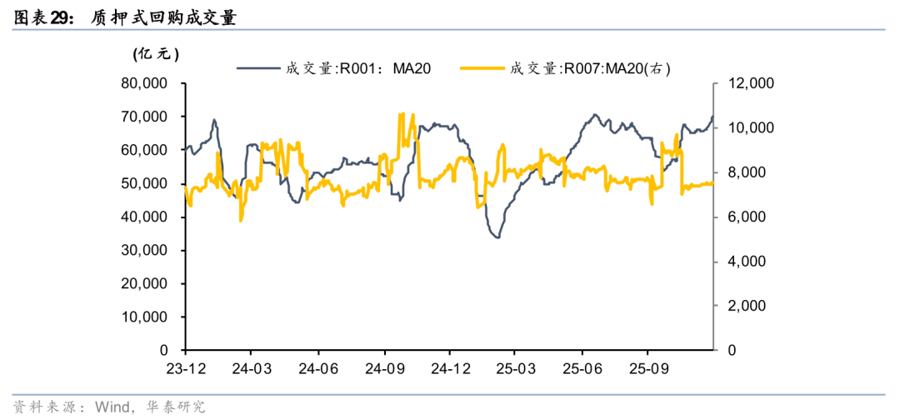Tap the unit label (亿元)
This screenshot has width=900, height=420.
click(x=156, y=54)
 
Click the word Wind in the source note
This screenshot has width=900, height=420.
click(x=112, y=407)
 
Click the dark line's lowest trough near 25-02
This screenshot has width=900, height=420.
click(x=497, y=237)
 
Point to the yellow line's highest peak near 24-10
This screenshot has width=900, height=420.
click(x=402, y=114)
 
